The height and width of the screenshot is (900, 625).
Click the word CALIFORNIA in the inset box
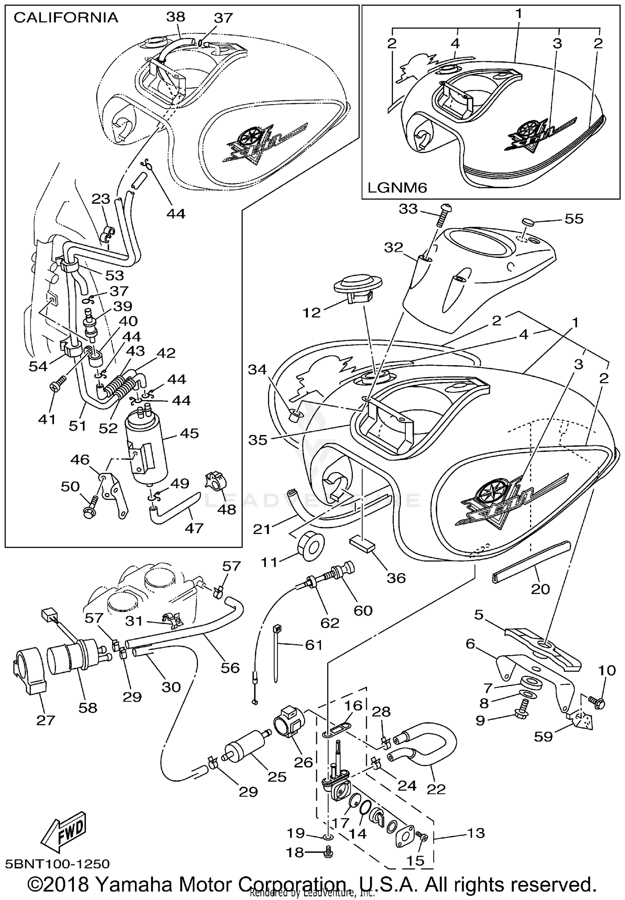click(66, 18)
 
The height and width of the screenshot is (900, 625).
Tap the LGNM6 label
click(397, 188)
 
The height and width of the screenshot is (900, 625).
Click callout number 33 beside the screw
click(408, 208)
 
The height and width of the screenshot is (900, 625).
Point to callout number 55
click(574, 218)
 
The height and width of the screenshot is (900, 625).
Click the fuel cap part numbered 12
click(358, 288)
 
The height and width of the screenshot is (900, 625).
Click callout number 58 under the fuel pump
click(88, 707)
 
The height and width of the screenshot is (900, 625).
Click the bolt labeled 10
click(597, 703)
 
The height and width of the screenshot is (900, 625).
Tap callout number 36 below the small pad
click(396, 578)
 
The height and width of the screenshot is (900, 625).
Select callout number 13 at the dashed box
click(476, 833)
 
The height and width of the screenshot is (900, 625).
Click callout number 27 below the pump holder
click(45, 720)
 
